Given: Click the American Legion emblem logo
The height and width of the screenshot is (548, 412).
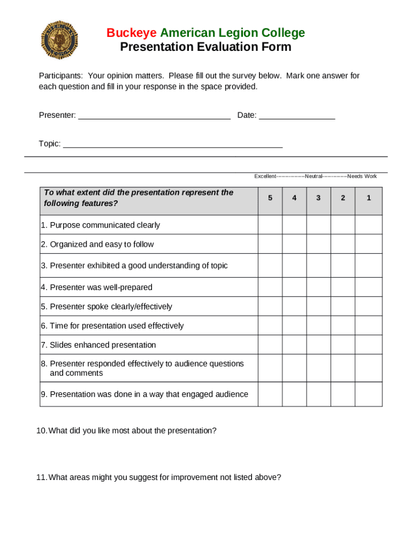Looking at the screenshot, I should [59, 40].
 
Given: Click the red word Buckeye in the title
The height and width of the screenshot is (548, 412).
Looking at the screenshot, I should [128, 33].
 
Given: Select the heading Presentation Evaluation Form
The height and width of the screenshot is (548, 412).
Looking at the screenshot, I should [205, 47].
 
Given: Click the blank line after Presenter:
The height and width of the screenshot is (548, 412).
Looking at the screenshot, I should [154, 115].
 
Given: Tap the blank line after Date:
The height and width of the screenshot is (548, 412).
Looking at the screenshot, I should [297, 115].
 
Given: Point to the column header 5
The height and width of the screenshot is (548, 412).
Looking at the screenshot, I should [270, 198].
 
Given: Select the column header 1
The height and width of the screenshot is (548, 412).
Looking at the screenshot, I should [369, 198].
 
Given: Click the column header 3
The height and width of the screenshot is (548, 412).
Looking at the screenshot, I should [318, 198].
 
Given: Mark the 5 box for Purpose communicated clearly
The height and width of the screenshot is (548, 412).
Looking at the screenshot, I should [270, 225].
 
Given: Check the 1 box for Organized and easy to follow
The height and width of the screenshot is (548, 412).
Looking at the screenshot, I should [369, 244].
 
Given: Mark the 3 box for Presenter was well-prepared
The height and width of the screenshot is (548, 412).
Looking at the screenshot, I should [318, 287].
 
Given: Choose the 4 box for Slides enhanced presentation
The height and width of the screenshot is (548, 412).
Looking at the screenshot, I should [294, 345].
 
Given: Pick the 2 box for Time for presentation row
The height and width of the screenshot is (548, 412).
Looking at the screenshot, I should [343, 325].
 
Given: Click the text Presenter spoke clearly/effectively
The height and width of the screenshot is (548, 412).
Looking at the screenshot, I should [106, 307].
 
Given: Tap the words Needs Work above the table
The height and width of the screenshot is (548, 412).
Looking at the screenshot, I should [362, 176].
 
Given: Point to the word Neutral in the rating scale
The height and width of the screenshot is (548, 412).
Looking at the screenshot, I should [314, 176].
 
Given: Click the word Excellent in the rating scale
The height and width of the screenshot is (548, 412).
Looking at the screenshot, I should [265, 176].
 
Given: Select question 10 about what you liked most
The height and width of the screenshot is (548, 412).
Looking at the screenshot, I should [127, 431].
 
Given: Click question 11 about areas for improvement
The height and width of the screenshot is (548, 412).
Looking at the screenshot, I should [159, 477].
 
